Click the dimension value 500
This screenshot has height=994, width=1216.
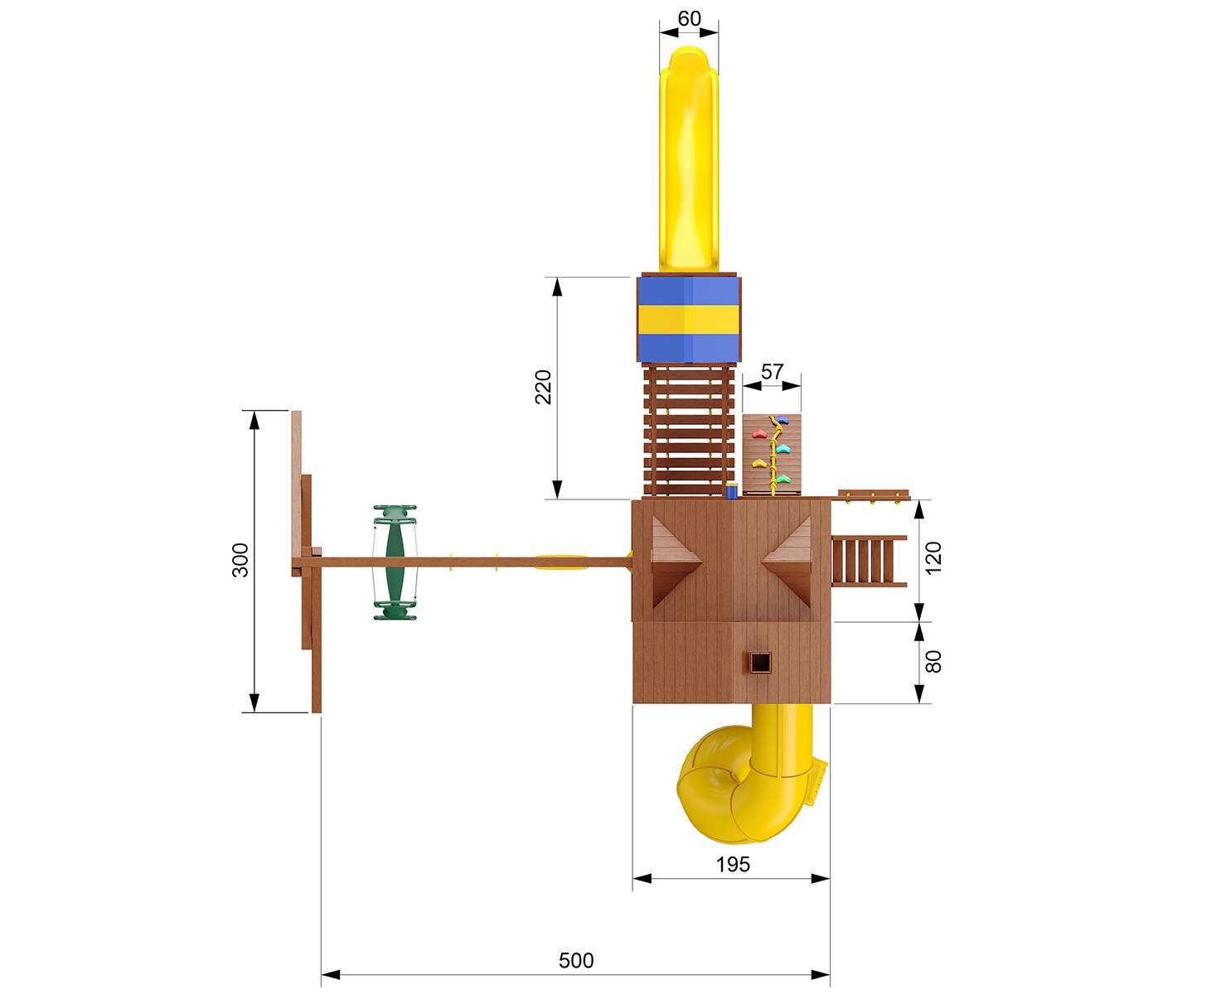pos(575,961)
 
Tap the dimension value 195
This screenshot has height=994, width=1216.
pos(732,864)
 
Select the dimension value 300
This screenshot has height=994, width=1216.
pos(240,559)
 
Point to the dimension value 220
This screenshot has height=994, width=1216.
pos(543,387)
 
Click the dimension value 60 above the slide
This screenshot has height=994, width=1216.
pos(689,18)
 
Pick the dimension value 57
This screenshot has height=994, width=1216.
pos(772,372)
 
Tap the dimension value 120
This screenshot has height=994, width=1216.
pos(933,558)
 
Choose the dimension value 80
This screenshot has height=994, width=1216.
pos(933,662)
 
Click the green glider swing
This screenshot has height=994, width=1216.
pos(395,562)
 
